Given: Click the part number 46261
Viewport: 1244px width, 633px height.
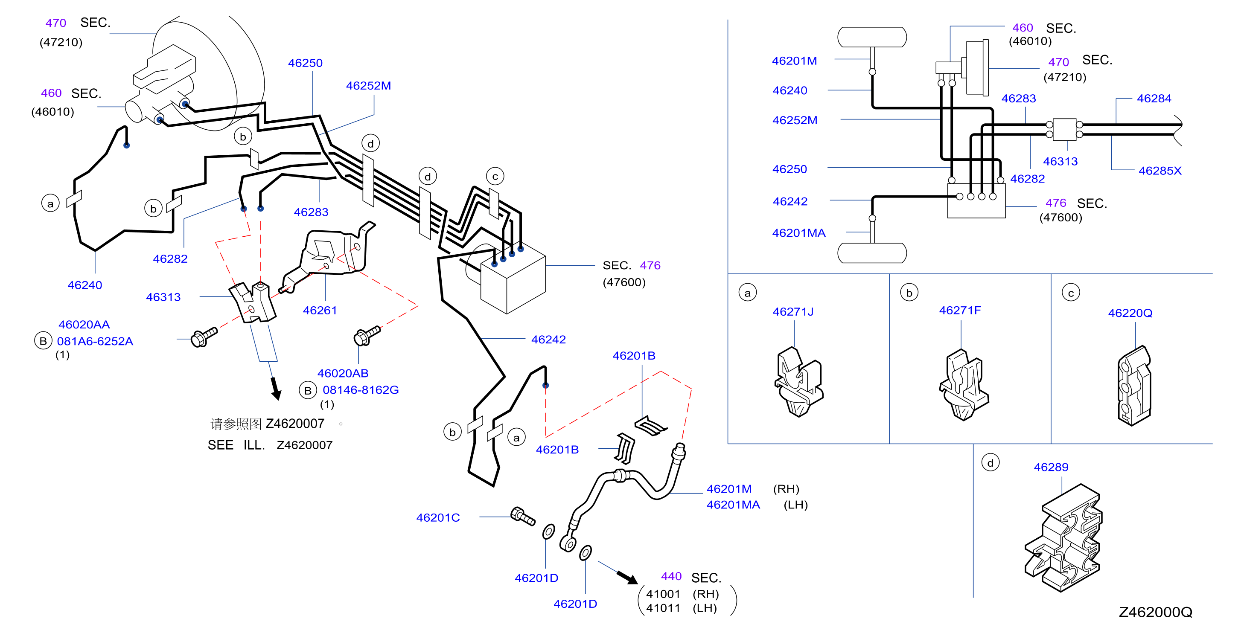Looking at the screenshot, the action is point(320,311).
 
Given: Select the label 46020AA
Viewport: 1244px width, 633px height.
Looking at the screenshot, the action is point(84,325).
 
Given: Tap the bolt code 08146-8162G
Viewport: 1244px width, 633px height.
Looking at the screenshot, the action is point(361,389).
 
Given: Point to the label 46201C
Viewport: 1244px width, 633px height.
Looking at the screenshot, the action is point(438,517).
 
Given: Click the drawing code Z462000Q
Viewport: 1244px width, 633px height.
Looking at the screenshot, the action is point(1156,612).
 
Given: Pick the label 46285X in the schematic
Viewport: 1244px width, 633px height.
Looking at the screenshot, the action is point(1160,171).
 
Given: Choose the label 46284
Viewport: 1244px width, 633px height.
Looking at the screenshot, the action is point(1154,99).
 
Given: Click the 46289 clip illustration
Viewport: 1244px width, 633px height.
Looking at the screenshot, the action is point(1063,538).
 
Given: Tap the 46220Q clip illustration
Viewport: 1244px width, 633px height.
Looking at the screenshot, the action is point(1134,386).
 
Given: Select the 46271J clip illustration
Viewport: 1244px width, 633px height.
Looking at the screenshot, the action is point(799,382).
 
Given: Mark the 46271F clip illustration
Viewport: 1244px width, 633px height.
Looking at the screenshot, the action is point(964,385).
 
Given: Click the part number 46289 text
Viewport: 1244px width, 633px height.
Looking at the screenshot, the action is point(1051,467).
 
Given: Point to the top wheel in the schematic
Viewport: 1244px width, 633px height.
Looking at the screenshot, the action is point(872,37).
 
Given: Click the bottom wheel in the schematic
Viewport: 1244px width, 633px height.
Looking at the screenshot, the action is point(872,253).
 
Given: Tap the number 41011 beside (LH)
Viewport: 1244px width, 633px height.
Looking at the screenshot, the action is point(663,608).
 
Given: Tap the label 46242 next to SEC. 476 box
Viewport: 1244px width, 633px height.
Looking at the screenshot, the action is point(548,340).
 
